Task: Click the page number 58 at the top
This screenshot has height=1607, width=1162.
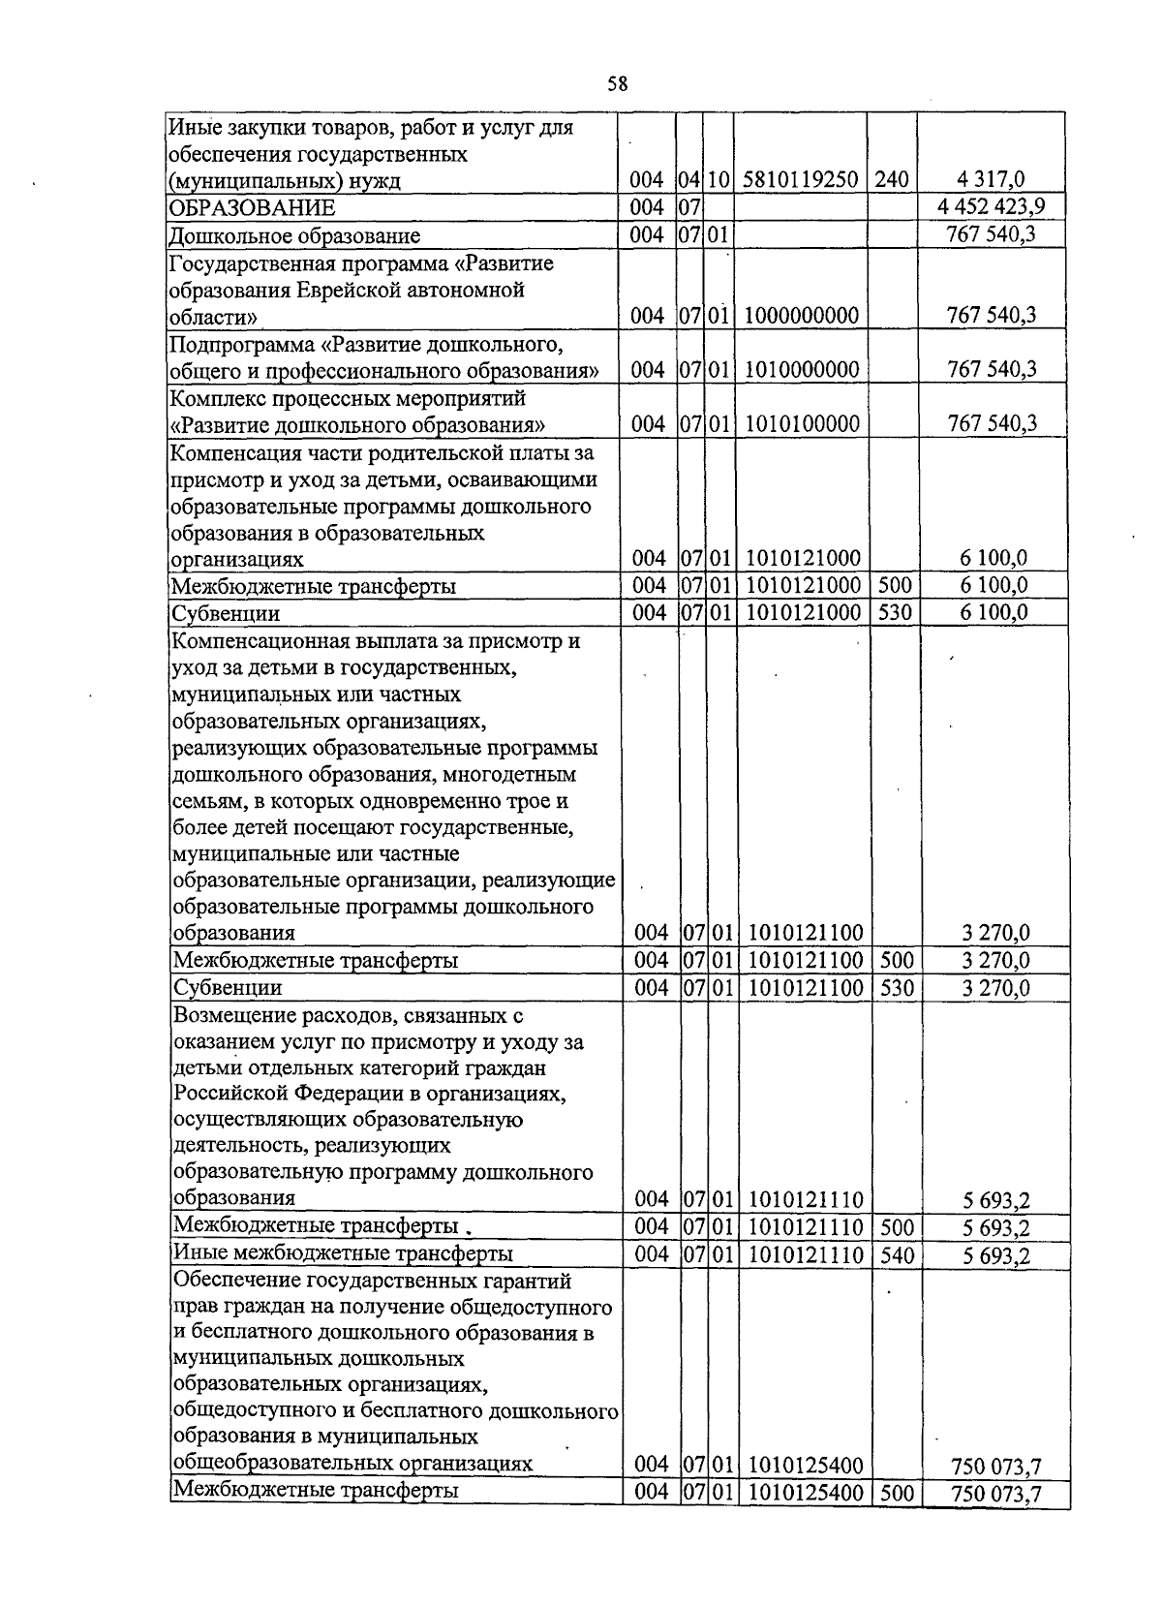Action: click(x=618, y=84)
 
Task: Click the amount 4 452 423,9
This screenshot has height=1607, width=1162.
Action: click(x=990, y=207)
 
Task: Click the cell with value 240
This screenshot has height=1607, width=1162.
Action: click(x=892, y=180)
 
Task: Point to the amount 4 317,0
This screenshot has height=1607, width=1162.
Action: click(x=990, y=180)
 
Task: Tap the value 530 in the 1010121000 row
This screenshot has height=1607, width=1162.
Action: click(x=894, y=612)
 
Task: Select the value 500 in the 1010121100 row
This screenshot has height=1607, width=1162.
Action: click(x=896, y=960)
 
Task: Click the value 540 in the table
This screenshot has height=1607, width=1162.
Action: click(x=898, y=1254)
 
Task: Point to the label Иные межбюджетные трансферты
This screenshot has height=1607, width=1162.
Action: click(x=343, y=1254)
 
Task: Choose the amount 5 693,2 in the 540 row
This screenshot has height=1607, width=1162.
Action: click(x=995, y=1256)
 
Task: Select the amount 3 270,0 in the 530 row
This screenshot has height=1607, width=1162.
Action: click(x=995, y=988)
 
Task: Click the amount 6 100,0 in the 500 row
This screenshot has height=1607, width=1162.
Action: click(x=994, y=585)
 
